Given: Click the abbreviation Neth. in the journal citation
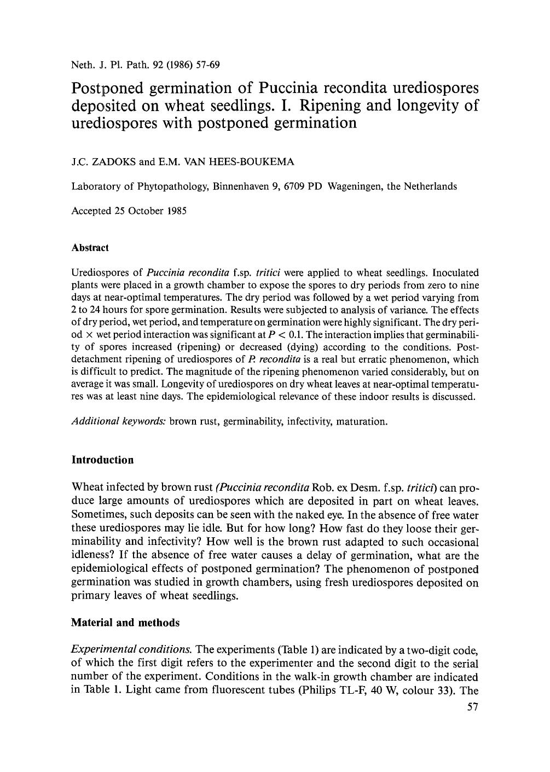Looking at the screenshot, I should pyautogui.click(x=83, y=65).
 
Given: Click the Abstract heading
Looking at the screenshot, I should pyautogui.click(x=90, y=248).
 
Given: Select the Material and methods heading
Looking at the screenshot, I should pyautogui.click(x=125, y=623).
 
